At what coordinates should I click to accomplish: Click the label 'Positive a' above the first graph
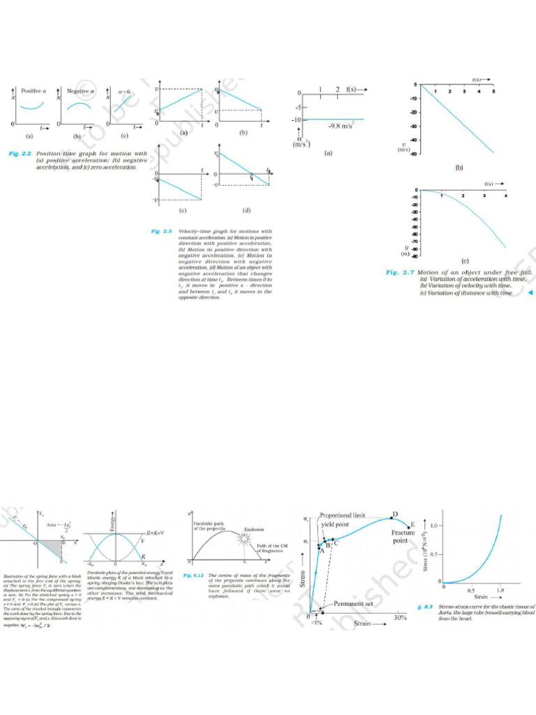coord(34,91)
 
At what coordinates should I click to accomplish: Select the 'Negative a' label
coord(81,91)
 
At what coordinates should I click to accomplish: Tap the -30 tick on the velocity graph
coord(413,126)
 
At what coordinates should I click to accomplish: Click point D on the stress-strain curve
coord(394,515)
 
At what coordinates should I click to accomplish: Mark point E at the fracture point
coord(412,524)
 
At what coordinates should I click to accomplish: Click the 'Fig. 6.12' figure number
coord(193,576)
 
